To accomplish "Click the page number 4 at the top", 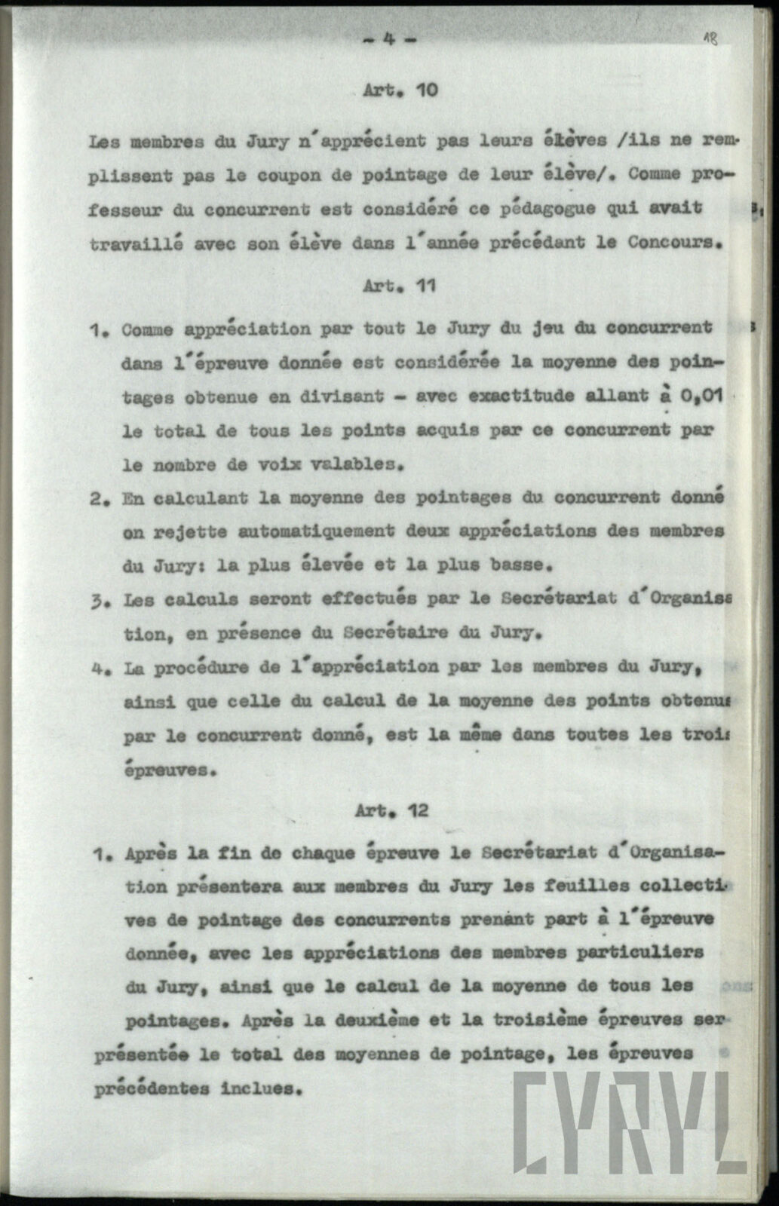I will pos(389,41).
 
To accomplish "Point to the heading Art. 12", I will pos(391,811).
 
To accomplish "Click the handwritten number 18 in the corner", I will pos(710,40).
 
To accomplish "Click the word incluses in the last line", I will pos(261,1089).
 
